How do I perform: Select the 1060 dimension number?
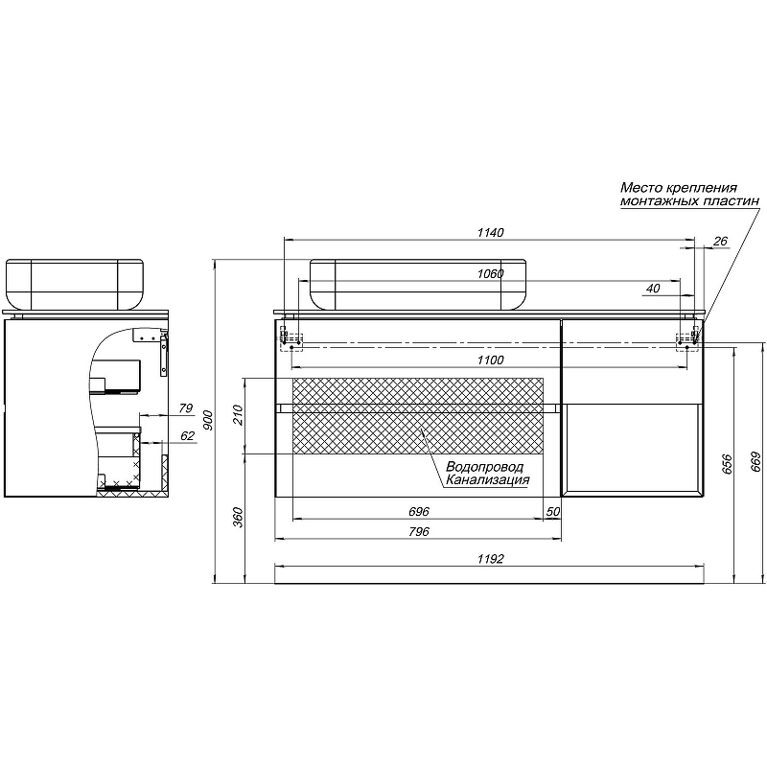(x=490, y=274)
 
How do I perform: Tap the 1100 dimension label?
(x=490, y=360)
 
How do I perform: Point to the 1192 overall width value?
(x=490, y=558)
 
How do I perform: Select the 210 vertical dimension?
(x=238, y=415)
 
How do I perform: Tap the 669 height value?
(x=755, y=463)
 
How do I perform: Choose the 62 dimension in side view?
(x=187, y=436)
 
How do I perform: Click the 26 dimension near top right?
(x=720, y=241)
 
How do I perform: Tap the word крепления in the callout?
(x=701, y=188)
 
